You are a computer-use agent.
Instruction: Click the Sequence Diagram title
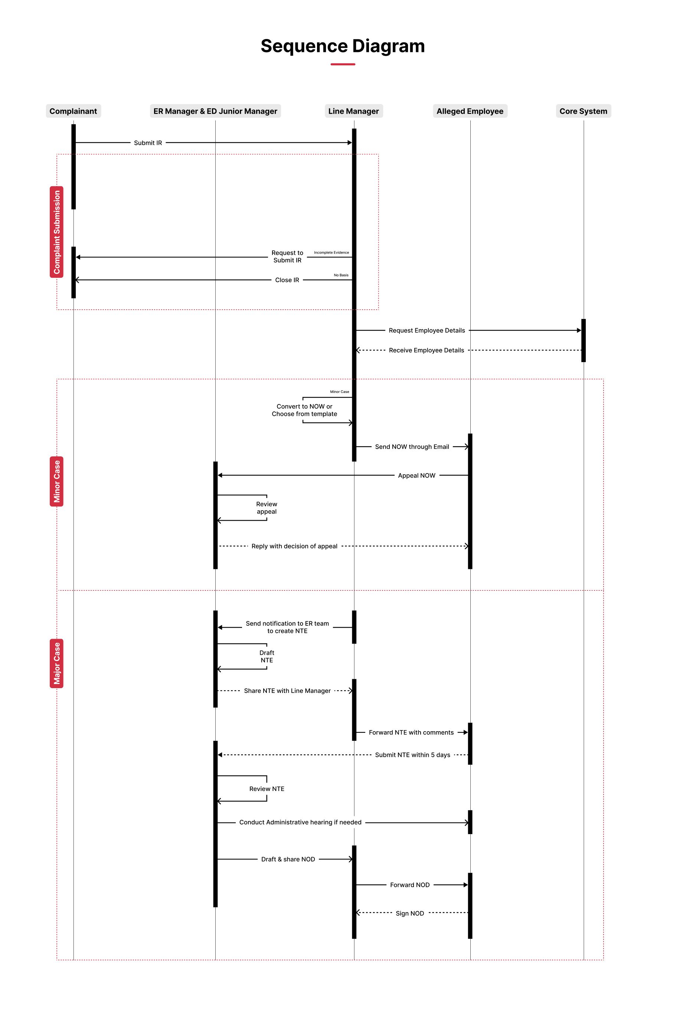[343, 46]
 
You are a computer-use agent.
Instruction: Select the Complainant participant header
[73, 111]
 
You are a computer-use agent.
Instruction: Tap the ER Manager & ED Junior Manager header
[215, 111]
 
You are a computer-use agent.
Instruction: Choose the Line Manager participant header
[353, 111]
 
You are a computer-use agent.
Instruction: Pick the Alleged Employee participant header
[470, 111]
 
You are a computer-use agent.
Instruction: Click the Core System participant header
[583, 111]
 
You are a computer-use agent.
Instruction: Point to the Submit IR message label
[148, 143]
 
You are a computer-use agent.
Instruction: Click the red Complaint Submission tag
[56, 232]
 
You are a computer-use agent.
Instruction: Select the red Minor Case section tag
[56, 482]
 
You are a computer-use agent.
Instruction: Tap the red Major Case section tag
[56, 663]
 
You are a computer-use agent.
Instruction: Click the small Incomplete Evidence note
[331, 253]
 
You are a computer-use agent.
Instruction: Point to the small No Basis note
[341, 275]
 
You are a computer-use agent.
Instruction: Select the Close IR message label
[287, 280]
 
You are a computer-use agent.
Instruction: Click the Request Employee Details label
[427, 331]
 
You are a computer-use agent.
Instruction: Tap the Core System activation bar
[583, 341]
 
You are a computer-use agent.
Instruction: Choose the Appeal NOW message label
[416, 475]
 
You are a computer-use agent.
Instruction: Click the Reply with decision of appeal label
[294, 546]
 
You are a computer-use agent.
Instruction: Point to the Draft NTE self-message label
[267, 657]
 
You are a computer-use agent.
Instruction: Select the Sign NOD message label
[410, 914]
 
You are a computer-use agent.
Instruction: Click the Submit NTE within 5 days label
[412, 755]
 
